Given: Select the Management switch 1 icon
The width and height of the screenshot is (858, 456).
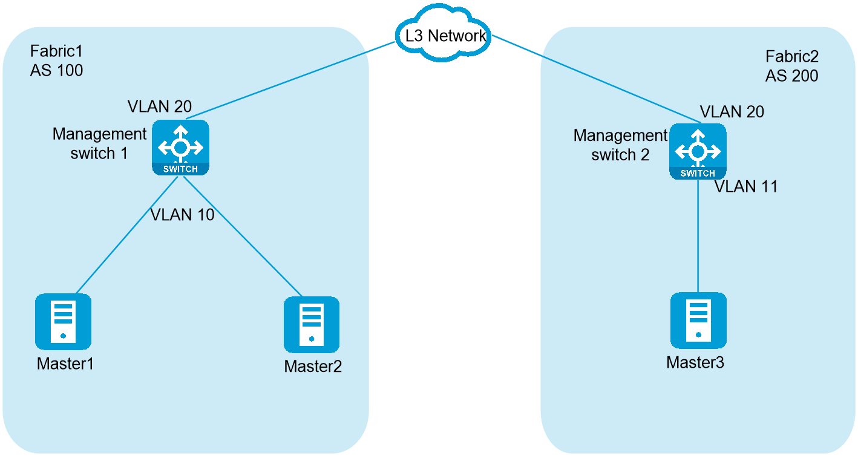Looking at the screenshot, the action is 180,148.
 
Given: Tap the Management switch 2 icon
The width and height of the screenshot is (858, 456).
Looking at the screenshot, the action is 698,151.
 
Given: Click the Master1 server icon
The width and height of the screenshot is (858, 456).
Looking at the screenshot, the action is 63,322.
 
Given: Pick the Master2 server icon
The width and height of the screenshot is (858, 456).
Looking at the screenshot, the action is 312,325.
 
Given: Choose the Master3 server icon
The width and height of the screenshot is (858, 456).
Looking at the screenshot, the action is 698,321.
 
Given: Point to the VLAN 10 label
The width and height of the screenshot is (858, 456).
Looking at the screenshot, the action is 182,215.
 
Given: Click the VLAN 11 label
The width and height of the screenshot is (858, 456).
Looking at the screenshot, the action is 746,186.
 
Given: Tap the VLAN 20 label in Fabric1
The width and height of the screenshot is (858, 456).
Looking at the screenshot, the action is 160,106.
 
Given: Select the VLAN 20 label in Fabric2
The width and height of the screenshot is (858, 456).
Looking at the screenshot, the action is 732,112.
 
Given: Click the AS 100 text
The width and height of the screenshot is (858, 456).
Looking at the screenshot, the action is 57,70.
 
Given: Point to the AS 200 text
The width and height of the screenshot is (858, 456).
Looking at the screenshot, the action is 791,76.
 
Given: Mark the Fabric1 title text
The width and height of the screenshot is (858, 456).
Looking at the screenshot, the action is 56,51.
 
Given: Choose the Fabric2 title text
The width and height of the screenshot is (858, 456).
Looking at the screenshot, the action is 792,57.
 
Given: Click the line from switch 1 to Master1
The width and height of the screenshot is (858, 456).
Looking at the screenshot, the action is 127,235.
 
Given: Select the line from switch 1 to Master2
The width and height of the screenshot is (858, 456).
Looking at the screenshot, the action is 243,236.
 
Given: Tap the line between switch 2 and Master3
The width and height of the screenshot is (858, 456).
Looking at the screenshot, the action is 698,236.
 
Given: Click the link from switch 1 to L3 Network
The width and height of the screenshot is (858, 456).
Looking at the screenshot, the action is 290,80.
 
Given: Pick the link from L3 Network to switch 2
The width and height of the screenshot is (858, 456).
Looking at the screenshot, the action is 596,79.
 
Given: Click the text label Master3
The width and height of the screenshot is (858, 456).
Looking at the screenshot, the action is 695,363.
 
